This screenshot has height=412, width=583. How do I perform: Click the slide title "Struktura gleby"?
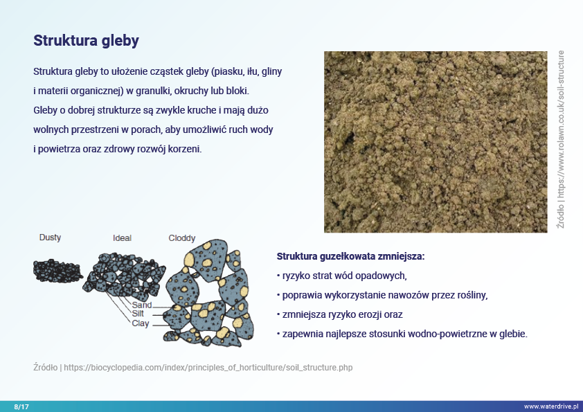point(87,41)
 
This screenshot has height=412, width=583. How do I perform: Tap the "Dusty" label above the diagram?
point(50,238)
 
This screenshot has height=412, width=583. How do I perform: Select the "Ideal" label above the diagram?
point(122,238)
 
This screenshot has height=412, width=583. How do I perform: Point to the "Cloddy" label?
point(182,238)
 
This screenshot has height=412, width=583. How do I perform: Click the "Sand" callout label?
point(142,305)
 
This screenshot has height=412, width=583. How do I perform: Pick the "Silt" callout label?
point(138,314)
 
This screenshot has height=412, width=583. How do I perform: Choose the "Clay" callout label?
point(141,323)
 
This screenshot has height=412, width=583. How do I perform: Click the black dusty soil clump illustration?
point(58,271)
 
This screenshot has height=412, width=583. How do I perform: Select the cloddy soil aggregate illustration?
point(209,294)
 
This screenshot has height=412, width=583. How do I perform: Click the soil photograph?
point(436,142)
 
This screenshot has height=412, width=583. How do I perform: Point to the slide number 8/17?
point(21,406)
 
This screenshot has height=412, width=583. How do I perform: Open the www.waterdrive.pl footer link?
point(551,406)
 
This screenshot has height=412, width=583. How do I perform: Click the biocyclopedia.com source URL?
point(208,368)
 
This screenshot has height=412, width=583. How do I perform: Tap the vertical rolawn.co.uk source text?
point(561,139)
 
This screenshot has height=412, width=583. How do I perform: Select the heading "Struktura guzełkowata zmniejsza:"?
point(350,256)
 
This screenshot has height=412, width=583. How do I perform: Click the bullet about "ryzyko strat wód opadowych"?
point(342,276)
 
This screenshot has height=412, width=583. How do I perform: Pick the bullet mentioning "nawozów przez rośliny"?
point(382,295)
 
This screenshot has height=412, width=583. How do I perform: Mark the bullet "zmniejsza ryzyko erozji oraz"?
point(340,314)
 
